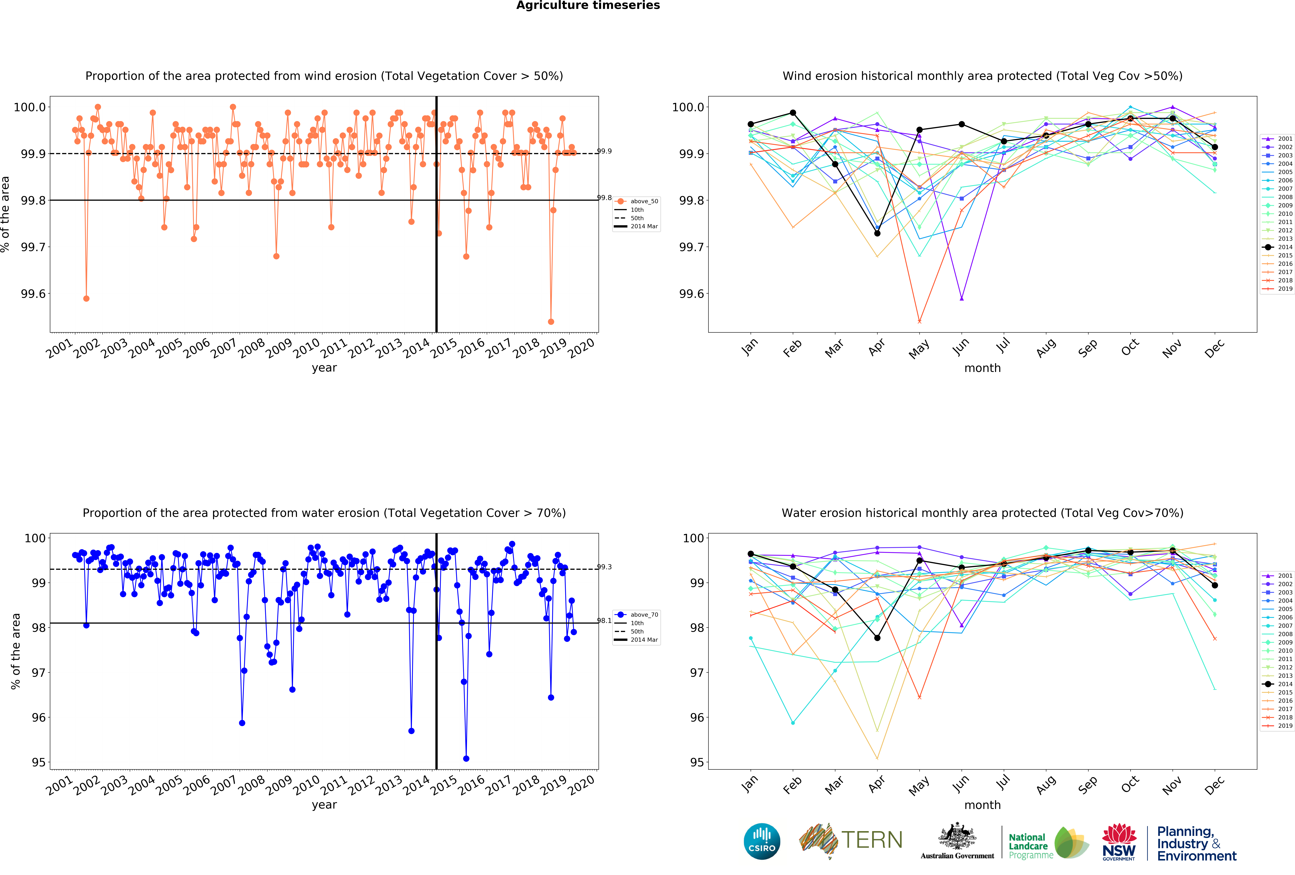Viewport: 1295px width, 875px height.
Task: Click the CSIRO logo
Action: click(x=762, y=842)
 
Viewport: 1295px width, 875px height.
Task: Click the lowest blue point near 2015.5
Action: click(x=466, y=759)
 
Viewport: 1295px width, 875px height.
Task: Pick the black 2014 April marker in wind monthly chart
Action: click(x=877, y=234)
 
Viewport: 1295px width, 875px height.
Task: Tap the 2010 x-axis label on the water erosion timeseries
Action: click(x=306, y=785)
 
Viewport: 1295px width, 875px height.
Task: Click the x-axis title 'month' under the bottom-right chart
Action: click(x=982, y=805)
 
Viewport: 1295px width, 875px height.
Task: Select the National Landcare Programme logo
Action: click(x=1048, y=843)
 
